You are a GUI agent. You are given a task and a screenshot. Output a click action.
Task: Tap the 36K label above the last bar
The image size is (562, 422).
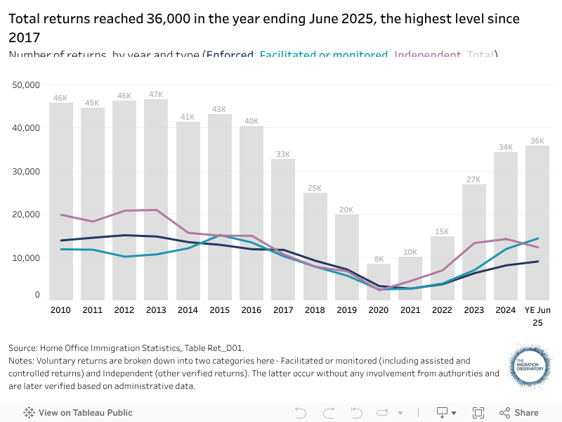537,141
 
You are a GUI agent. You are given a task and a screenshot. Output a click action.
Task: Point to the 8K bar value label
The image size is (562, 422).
379,258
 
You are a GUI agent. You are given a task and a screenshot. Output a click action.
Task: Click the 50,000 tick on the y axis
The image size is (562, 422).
26,85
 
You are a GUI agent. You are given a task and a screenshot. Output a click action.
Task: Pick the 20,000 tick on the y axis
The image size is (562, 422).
26,215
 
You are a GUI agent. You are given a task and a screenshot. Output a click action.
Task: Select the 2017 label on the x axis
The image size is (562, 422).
283,309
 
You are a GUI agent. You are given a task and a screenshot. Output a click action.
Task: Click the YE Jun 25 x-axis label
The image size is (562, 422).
537,315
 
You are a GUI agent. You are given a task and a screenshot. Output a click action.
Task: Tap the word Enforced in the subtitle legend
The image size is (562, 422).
230,55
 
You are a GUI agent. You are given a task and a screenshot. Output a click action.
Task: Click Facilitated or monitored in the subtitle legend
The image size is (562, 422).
324,55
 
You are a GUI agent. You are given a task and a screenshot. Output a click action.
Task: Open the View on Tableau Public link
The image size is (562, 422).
78,413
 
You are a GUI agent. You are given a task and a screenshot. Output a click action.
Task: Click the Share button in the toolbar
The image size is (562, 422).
519,413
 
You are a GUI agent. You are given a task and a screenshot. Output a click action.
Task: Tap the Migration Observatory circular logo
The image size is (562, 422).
530,366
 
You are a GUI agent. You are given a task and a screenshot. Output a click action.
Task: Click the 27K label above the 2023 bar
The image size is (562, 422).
474,179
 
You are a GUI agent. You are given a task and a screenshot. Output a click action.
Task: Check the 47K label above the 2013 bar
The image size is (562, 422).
156,94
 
